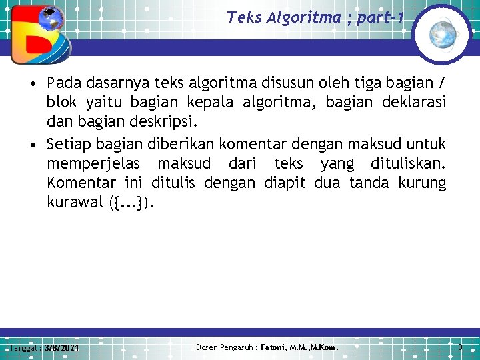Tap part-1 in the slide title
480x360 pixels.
click(380, 17)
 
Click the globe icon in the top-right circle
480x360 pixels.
click(441, 33)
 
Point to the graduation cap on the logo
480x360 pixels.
click(48, 13)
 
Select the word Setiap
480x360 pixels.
click(69, 143)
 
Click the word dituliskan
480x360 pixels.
click(405, 163)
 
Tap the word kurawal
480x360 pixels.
click(74, 203)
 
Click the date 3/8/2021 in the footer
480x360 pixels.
click(62, 348)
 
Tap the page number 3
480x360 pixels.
click(460, 347)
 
